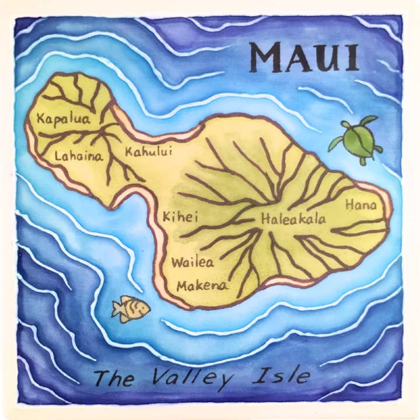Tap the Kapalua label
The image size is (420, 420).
pyautogui.click(x=55, y=120)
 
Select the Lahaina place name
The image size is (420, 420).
pyautogui.click(x=78, y=156)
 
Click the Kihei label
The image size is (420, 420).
pyautogui.click(x=181, y=217)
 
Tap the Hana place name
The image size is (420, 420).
pyautogui.click(x=361, y=205)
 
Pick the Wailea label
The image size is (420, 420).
pyautogui.click(x=192, y=262)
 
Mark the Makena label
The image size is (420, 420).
pyautogui.click(x=202, y=286)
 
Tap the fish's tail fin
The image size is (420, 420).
pyautogui.click(x=117, y=310)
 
